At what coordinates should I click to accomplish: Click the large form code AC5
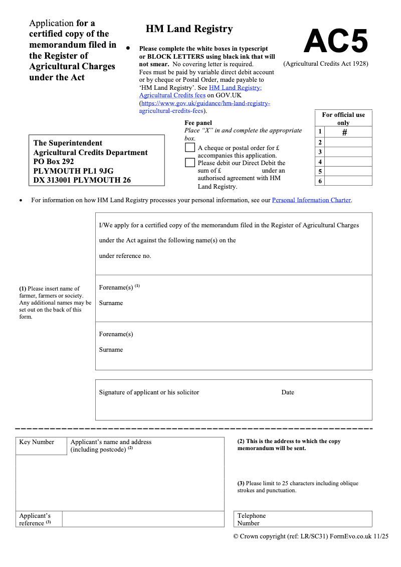point(336,41)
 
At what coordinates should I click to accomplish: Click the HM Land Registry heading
point(189,29)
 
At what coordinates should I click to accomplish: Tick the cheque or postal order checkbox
point(190,148)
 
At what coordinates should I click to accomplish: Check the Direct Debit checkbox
point(190,163)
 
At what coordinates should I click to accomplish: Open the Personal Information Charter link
point(311,200)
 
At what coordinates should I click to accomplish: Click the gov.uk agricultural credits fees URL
point(205,107)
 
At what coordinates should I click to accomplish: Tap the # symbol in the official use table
point(344,132)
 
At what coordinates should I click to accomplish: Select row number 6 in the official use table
point(320,181)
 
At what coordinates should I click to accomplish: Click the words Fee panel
point(198,123)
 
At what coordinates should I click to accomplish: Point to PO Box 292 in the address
point(54,162)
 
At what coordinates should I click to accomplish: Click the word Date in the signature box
point(288,392)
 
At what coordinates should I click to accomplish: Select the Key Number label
point(37,442)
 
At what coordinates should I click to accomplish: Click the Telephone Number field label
point(252,519)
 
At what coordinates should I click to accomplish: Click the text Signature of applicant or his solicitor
point(149,392)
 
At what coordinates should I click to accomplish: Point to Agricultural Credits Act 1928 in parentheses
point(326,64)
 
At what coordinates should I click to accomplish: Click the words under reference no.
point(125,256)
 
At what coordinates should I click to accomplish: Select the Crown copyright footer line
point(311,536)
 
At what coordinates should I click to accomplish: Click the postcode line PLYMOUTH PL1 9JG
point(73,171)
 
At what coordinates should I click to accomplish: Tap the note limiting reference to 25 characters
point(298,487)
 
